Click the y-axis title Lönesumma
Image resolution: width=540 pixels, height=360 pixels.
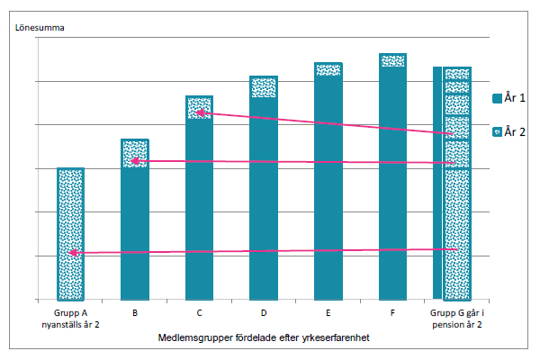pos(40,27)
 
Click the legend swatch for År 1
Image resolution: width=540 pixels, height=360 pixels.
pos(498,99)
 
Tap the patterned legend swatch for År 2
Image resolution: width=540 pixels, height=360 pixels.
pos(498,131)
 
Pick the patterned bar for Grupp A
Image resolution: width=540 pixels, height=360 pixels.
pos(71,234)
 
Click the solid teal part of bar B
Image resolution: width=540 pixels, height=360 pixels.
pos(135,234)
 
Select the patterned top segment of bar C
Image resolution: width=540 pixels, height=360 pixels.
pos(199,106)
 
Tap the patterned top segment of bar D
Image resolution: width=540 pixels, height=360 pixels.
pos(264,87)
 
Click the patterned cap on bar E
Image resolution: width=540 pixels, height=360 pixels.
pos(328,69)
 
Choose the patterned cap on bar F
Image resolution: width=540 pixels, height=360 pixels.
pos(392,60)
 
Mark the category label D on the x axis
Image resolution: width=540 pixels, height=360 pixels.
pos(264,313)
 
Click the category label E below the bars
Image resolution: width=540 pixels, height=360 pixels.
pos(328,313)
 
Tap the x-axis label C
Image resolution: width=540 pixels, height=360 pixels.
pos(199,313)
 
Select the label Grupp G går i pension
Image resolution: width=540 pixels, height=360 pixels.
pos(456,318)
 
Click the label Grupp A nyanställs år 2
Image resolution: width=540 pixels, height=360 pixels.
pos(71,318)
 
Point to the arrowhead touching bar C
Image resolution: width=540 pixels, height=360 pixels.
pos(199,112)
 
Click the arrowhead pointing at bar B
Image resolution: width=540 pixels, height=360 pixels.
pos(134,161)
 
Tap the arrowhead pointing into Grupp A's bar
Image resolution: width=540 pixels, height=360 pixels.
pos(73,254)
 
